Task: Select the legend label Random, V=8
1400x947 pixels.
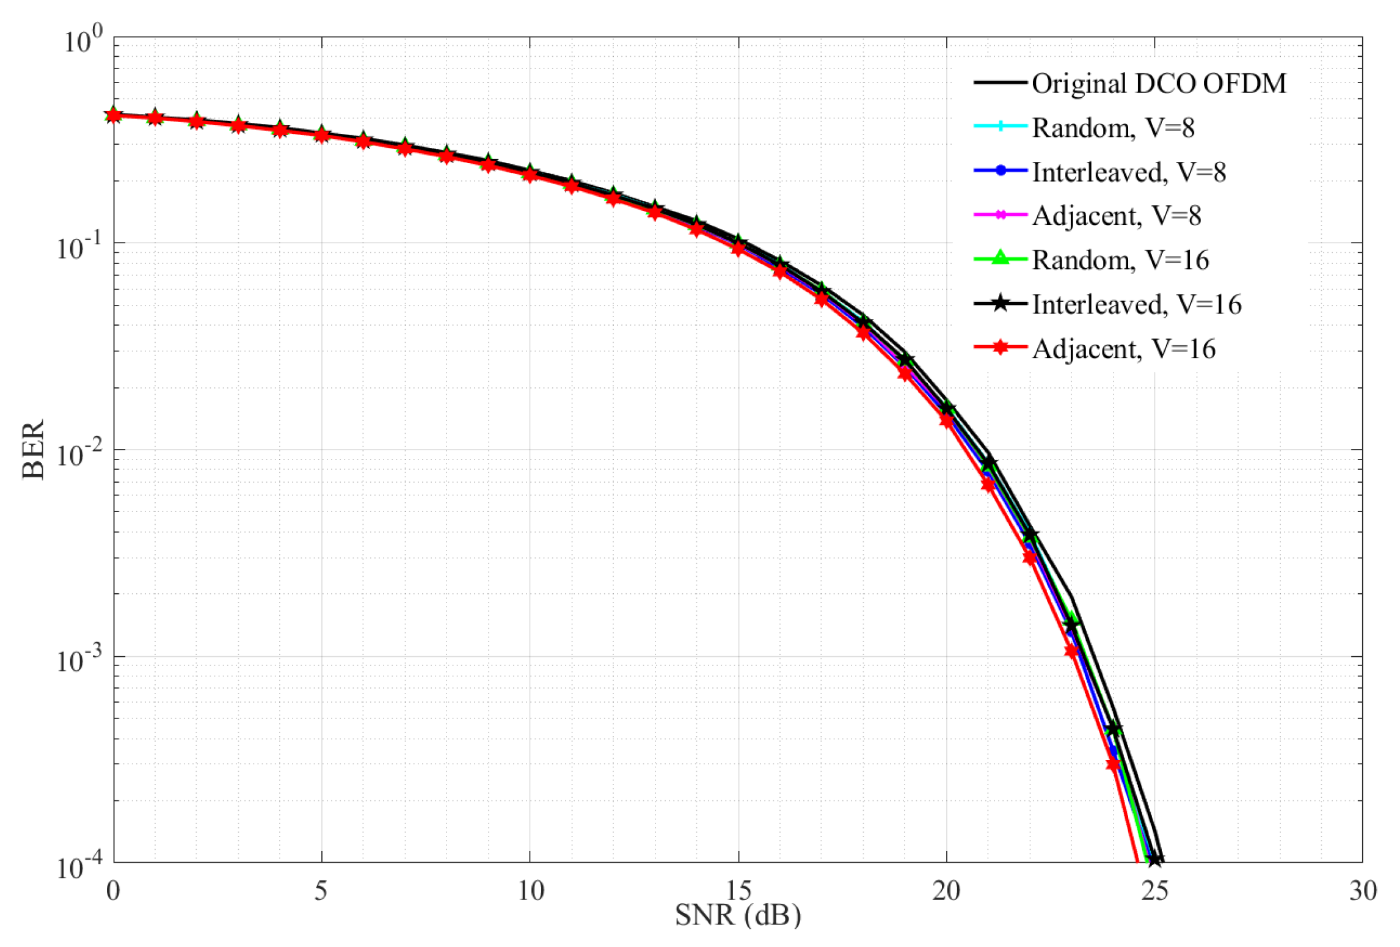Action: point(1113,128)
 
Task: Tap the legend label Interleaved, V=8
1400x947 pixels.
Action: point(1129,172)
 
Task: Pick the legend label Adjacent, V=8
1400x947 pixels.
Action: point(1117,216)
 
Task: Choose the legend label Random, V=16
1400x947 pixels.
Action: point(1120,260)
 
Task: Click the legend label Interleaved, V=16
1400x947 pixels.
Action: point(1136,304)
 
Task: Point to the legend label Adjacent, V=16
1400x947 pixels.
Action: point(1124,349)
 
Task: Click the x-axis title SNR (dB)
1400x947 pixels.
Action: point(738,915)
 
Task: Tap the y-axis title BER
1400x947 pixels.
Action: point(34,449)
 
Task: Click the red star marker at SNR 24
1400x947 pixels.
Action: point(1113,764)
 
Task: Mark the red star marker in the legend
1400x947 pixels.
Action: point(1001,348)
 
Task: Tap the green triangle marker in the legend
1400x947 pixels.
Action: point(1001,259)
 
